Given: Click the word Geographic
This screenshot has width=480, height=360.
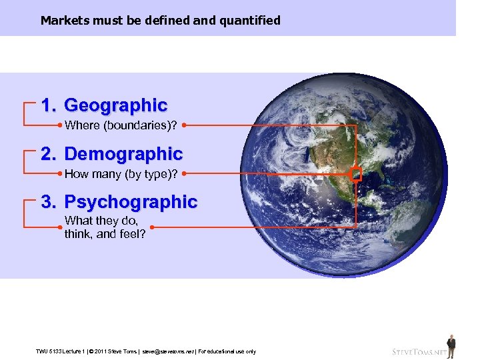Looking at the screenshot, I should click(x=115, y=105).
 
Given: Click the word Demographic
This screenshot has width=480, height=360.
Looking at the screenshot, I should click(x=123, y=154).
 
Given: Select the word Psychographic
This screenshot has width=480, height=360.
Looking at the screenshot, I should click(x=131, y=202).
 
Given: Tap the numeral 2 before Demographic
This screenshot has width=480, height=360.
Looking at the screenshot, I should click(x=47, y=154).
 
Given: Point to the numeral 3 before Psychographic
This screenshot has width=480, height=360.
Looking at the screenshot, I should click(x=47, y=202).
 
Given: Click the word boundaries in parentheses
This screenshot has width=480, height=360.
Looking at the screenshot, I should click(x=129, y=125).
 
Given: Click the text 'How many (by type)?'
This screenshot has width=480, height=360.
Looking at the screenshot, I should click(x=121, y=174).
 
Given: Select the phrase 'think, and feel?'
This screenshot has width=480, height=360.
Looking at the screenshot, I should click(x=105, y=234).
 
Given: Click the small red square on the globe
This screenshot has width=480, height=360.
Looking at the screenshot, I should click(x=356, y=175).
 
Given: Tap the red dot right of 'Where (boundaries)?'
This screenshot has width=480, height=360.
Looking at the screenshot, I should click(x=183, y=124).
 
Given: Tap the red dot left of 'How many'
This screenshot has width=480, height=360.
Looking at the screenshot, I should click(x=60, y=173).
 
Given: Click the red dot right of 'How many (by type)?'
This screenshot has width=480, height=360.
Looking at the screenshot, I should click(x=184, y=173).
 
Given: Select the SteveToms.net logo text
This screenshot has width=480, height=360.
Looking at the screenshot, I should click(x=418, y=351).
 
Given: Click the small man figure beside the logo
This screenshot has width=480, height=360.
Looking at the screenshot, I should click(x=451, y=346).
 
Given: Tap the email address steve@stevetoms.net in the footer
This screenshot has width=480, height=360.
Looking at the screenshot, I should click(x=167, y=351).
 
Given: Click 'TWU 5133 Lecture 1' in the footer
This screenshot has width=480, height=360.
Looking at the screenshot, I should click(x=61, y=351).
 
